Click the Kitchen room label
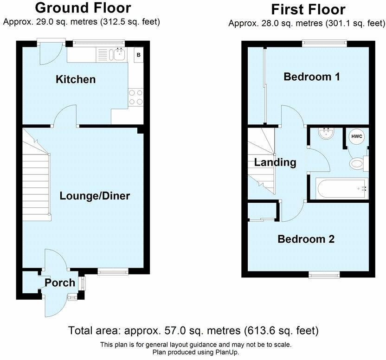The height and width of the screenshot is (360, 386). point(76,79)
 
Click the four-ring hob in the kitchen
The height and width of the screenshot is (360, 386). point(135,96)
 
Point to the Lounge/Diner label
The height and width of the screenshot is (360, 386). point(95,196)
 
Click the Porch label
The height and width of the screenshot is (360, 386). point(60,283)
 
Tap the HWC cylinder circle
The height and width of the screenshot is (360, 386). point(357,136)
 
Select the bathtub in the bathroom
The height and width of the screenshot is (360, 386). point(341,188)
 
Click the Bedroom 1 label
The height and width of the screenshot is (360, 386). point(312,77)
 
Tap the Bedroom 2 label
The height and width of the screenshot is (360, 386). point(306,239)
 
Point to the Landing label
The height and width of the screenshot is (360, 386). point(275,162)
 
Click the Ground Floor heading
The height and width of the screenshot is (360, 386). point(83,8)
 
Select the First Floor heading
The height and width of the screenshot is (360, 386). point(308,9)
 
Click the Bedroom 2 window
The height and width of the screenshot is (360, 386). point(324,275)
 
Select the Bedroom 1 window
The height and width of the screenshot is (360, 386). point(324,43)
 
